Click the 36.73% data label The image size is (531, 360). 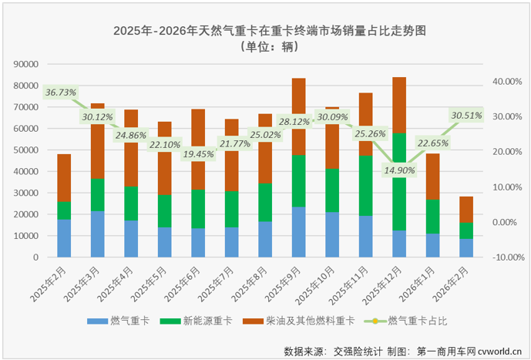pyautogui.click(x=61, y=93)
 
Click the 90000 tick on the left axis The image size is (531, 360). pyautogui.click(x=28, y=66)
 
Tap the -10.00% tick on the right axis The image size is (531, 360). pyautogui.click(x=506, y=257)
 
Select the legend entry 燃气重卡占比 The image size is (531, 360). pyautogui.click(x=417, y=319)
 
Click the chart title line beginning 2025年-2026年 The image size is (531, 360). pyautogui.click(x=268, y=31)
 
